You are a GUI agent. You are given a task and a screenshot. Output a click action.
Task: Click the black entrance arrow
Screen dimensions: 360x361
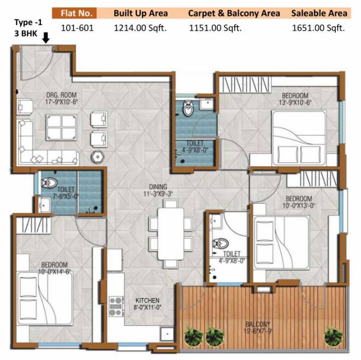click(46, 39)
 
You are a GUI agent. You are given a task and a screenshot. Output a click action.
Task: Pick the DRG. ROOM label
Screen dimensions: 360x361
click(61, 95)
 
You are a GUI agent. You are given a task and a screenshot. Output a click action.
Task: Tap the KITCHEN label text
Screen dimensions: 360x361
click(147, 300)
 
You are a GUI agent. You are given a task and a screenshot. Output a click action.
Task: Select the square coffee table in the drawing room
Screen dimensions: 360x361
click(61, 127)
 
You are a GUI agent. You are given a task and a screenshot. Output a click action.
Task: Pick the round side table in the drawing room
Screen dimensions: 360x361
click(96, 156)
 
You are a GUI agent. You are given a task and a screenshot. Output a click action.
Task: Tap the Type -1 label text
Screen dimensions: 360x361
click(26, 22)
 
